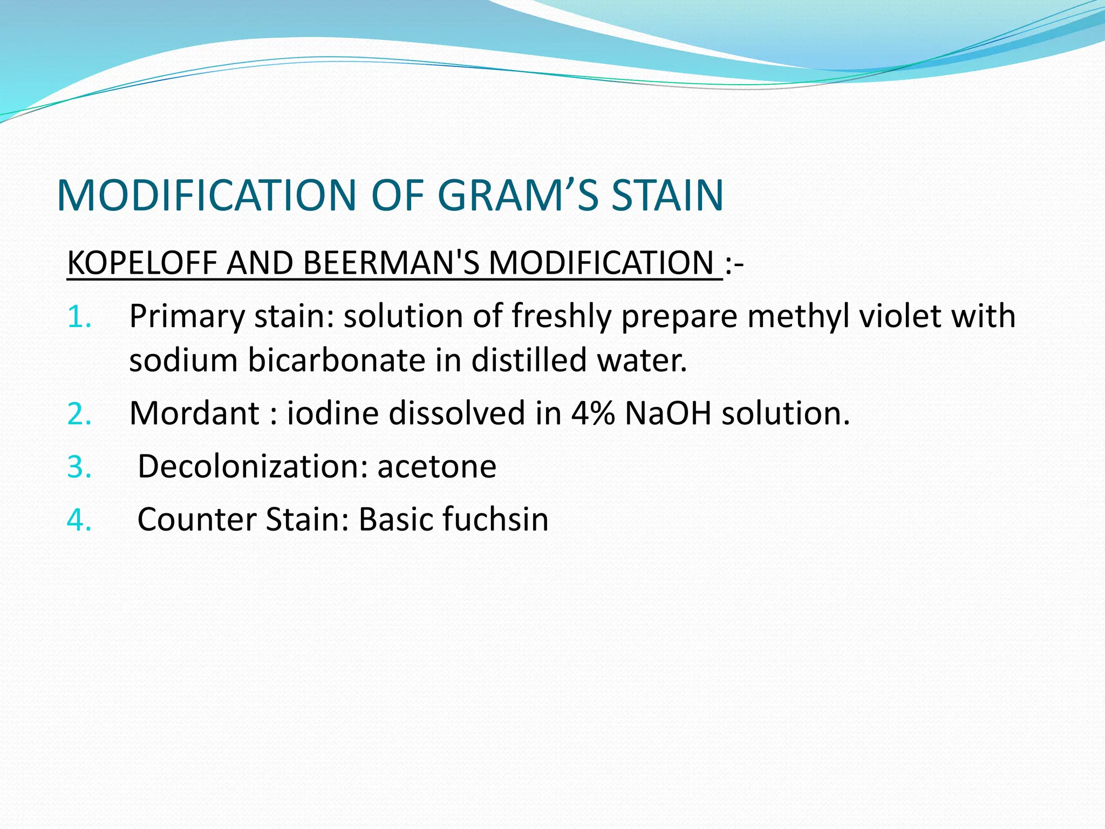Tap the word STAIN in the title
click(667, 195)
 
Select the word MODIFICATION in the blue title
click(206, 195)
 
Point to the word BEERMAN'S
click(391, 263)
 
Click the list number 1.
click(79, 317)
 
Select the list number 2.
click(79, 414)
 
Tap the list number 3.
click(79, 467)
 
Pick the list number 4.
click(79, 520)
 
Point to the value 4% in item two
click(592, 413)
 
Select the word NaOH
click(668, 413)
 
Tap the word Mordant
click(195, 413)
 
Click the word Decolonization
click(253, 466)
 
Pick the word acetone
click(436, 466)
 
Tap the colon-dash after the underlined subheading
click(735, 264)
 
